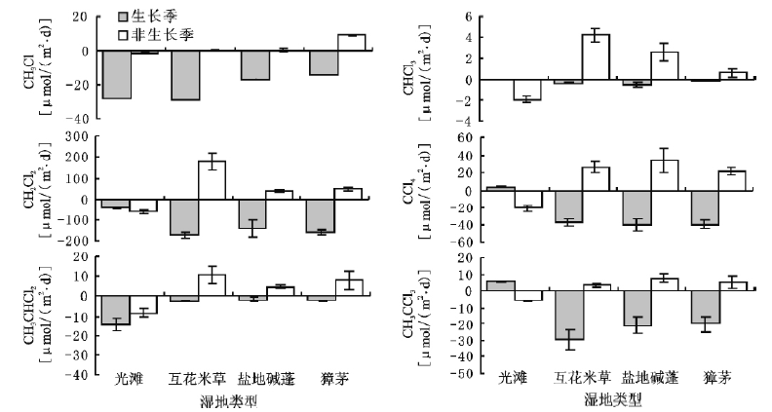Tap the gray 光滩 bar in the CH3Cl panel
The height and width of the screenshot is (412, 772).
coord(117,75)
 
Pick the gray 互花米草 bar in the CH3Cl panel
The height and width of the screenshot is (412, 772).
coord(184,76)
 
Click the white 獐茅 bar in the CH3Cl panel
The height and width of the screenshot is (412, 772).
coord(350,43)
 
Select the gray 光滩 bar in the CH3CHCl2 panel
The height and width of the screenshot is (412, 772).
coord(117,311)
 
